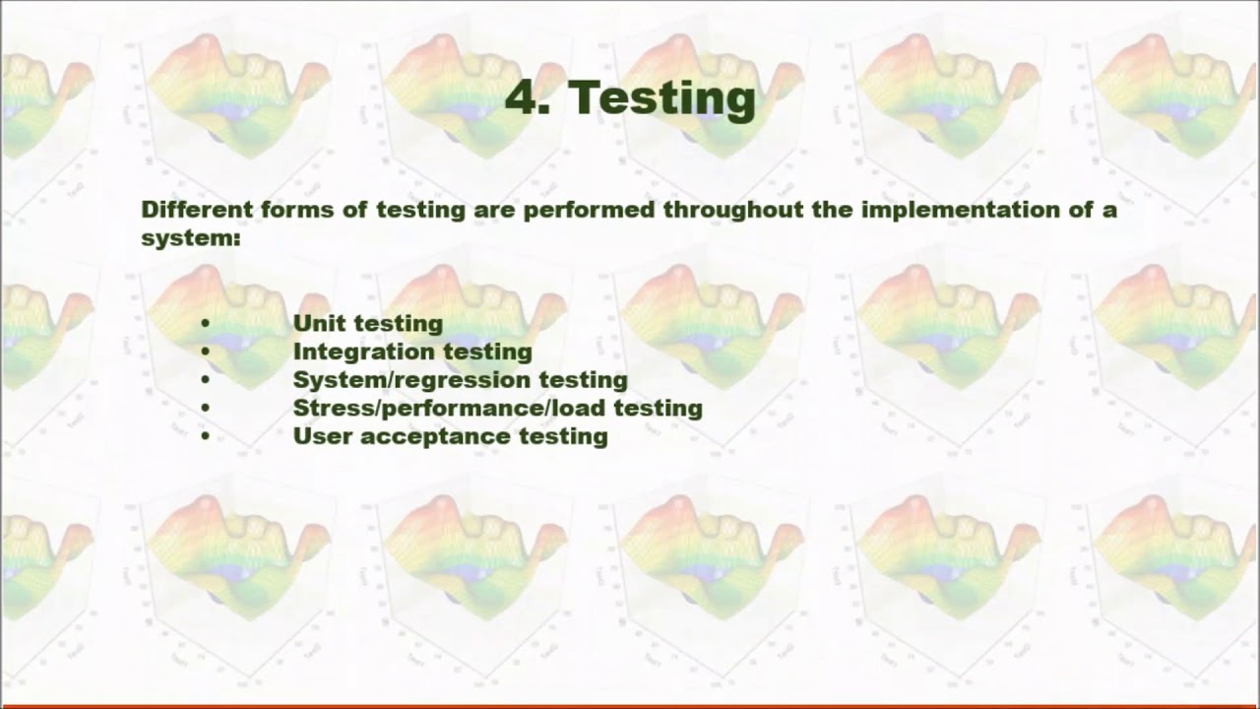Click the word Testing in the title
(x=661, y=97)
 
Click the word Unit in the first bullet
(x=319, y=323)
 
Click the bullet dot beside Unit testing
(x=205, y=323)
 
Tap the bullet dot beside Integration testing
(x=205, y=352)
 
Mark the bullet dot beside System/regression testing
(x=205, y=379)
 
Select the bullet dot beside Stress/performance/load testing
(x=205, y=408)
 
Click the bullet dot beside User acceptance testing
(x=205, y=436)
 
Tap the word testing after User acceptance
(x=560, y=436)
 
